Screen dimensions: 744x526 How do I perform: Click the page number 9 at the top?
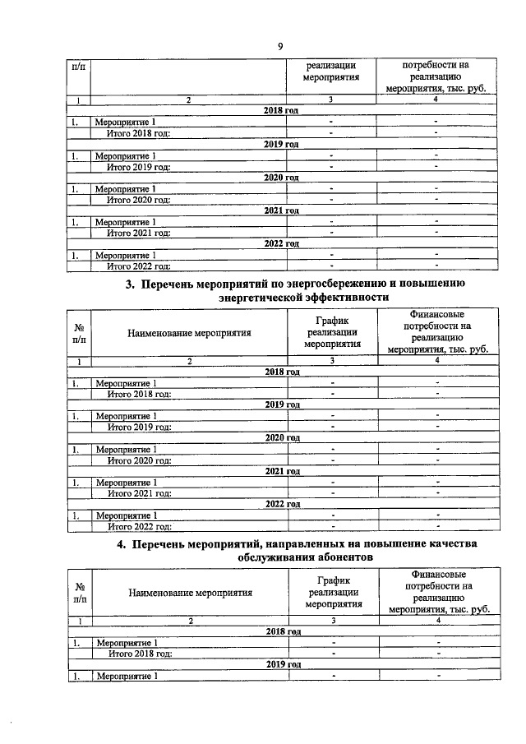(279, 46)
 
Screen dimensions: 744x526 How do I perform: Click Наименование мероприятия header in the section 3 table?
(189, 333)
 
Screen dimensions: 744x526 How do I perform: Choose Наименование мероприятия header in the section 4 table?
(190, 591)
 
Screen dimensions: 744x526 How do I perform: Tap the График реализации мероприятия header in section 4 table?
(333, 591)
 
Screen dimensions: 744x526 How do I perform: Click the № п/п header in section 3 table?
(79, 333)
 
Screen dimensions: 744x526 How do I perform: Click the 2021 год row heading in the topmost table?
(281, 210)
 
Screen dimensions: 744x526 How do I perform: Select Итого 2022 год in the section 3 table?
(140, 526)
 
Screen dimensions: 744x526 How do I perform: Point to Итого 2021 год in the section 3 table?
(140, 492)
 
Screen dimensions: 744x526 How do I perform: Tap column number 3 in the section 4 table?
(333, 620)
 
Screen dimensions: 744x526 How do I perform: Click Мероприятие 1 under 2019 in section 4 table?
(127, 675)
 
